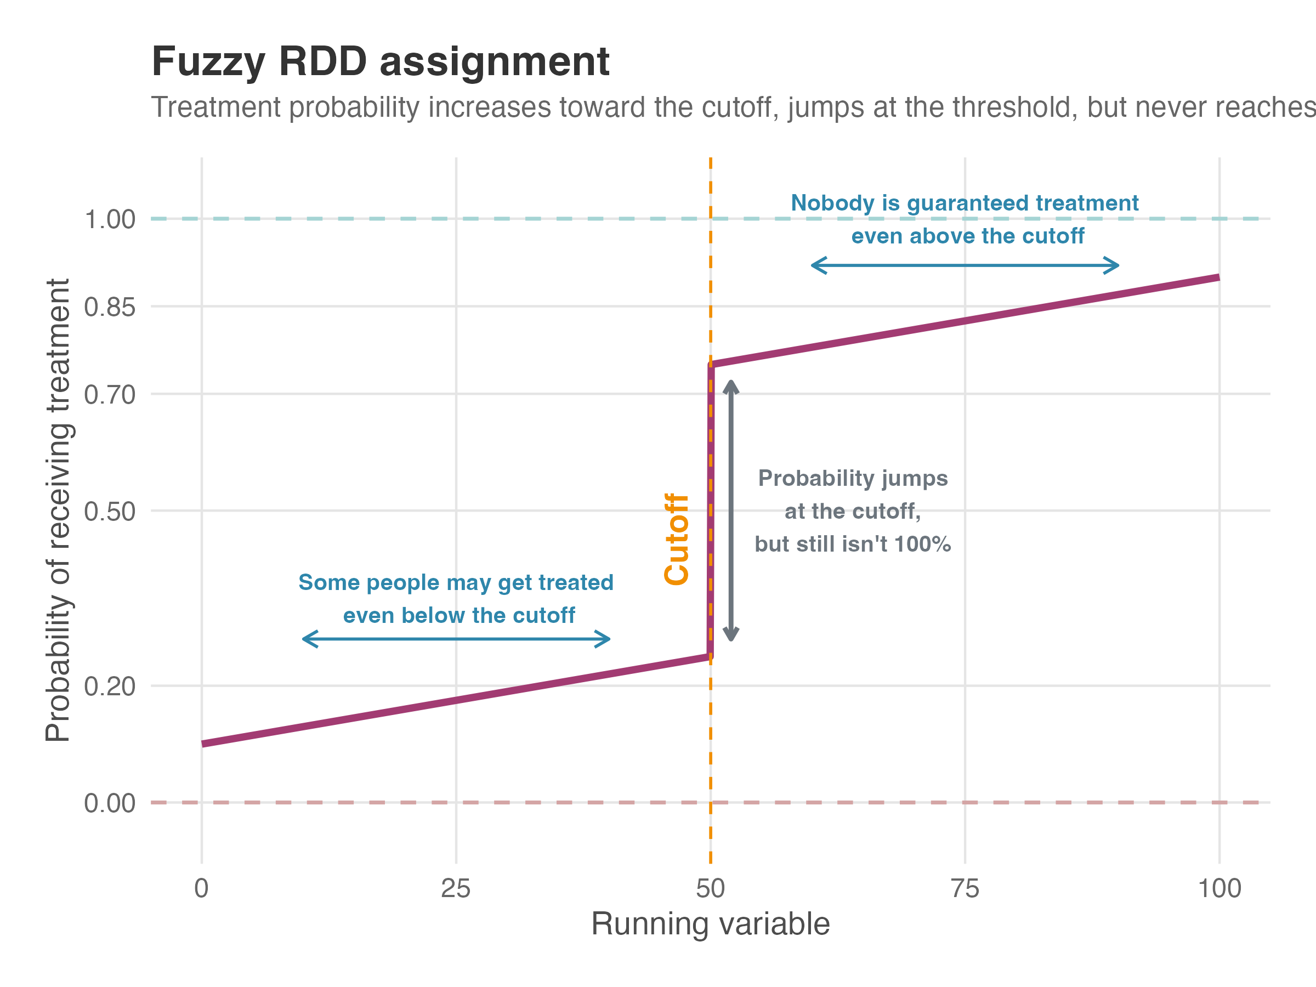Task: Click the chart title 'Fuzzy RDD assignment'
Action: [x=381, y=62]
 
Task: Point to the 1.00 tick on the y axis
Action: [x=110, y=219]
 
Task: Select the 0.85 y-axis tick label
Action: [x=110, y=308]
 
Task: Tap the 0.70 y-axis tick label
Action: [x=110, y=394]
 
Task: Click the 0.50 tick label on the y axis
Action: [x=110, y=512]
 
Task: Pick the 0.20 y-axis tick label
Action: [x=110, y=687]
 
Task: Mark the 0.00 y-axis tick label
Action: [x=110, y=803]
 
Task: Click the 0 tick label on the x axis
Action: [x=202, y=889]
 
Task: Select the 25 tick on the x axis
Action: [x=456, y=889]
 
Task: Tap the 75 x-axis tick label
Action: [x=965, y=889]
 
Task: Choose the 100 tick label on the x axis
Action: [x=1219, y=889]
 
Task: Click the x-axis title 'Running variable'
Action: [x=710, y=924]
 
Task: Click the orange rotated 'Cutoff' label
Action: [x=677, y=539]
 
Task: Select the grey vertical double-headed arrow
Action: [x=731, y=510]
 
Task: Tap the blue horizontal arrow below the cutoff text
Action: [x=456, y=639]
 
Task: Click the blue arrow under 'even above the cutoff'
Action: [x=965, y=265]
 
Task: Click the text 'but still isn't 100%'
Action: [x=853, y=544]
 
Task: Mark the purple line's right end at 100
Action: [x=1217, y=278]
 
